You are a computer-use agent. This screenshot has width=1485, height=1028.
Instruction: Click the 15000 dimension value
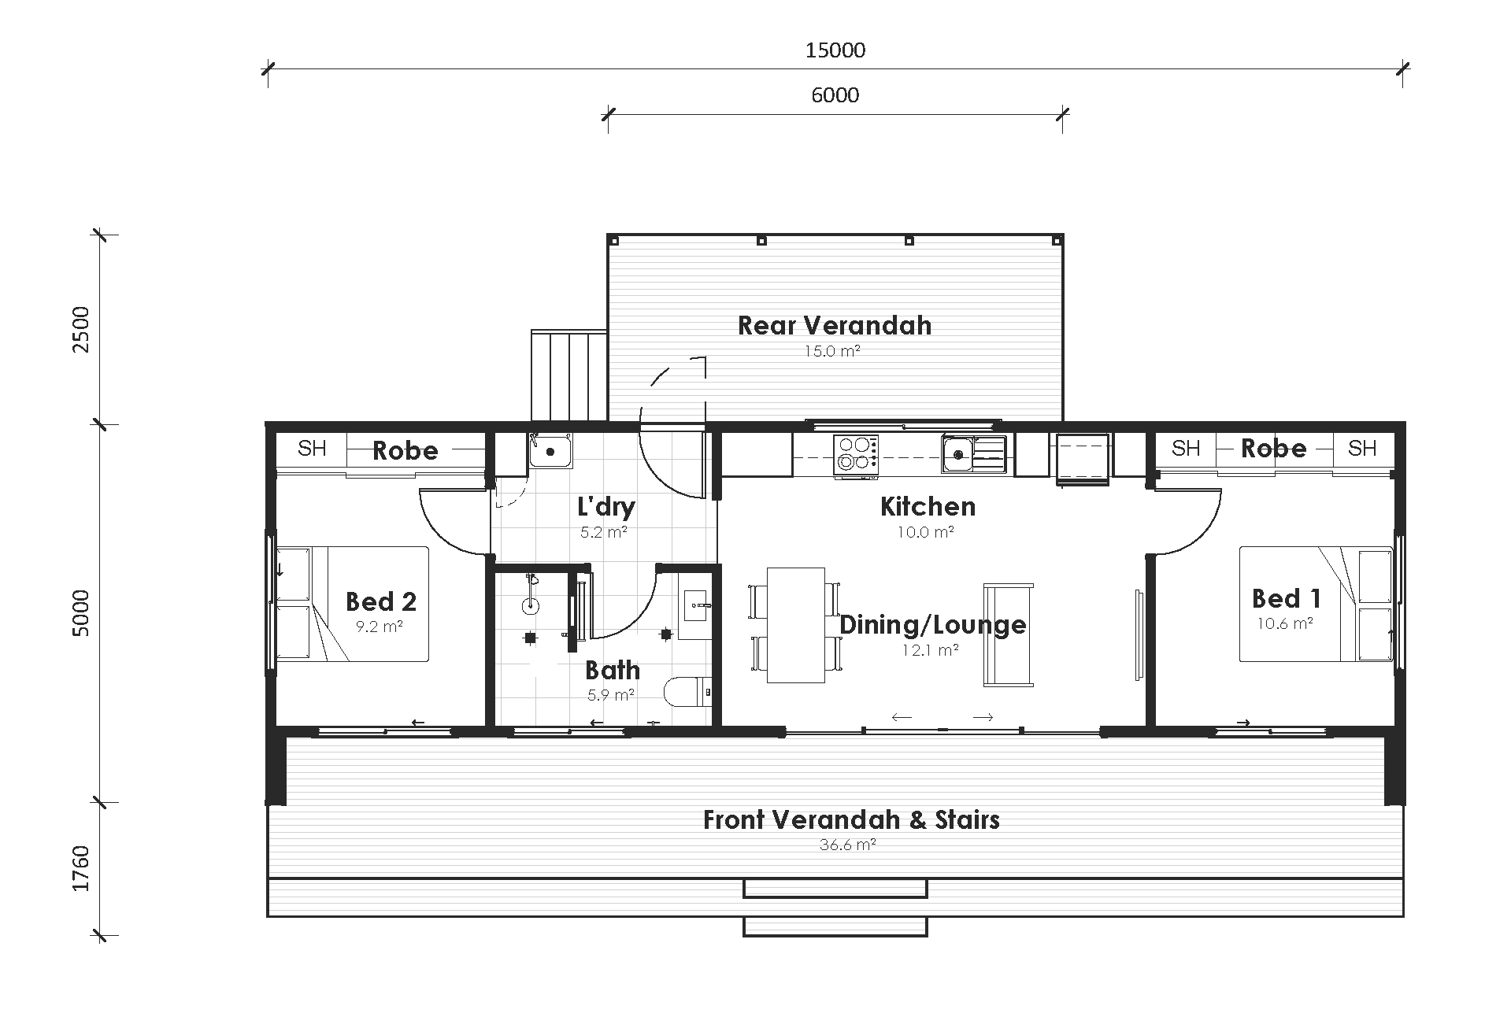[x=835, y=50]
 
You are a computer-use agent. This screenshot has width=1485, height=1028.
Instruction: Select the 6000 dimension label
[x=835, y=95]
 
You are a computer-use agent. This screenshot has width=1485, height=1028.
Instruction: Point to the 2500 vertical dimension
[x=82, y=329]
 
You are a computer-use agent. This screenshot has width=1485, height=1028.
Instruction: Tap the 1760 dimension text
[x=82, y=869]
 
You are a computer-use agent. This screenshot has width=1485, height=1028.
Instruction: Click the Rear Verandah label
[x=835, y=325]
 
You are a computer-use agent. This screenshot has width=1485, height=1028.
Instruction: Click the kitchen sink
[x=973, y=453]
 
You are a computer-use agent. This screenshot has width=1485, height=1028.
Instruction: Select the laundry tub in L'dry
[x=551, y=451]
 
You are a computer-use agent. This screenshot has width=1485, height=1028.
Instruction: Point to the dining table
[x=795, y=625]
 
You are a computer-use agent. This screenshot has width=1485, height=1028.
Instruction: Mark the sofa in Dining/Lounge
[x=1008, y=634]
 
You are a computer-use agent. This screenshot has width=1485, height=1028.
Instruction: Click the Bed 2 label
[x=381, y=601]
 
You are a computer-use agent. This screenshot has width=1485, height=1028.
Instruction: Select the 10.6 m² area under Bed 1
[x=1285, y=623]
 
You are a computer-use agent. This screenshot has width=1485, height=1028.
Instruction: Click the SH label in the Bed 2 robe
[x=312, y=449]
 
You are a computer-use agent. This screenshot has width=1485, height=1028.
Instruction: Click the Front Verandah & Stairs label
[x=850, y=819]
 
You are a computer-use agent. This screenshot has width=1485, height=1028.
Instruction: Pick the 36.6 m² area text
[x=848, y=845]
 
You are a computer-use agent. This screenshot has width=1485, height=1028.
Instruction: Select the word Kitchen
[x=928, y=506]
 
